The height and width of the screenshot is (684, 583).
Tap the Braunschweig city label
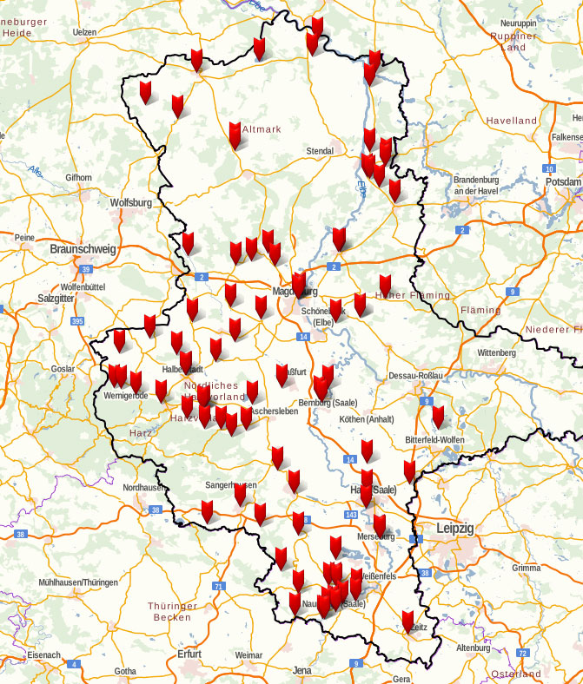pyautogui.click(x=83, y=249)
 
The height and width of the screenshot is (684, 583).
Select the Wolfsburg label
pyautogui.click(x=131, y=203)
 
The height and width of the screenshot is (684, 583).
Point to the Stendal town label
pyautogui.click(x=320, y=151)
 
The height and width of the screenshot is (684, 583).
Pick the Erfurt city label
pyautogui.click(x=189, y=654)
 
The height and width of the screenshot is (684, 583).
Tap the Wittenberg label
pyautogui.click(x=496, y=353)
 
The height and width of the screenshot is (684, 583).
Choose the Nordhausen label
pyautogui.click(x=143, y=488)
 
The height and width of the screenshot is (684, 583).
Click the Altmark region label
pyautogui.click(x=262, y=128)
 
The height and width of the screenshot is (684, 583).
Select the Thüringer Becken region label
pyautogui.click(x=171, y=611)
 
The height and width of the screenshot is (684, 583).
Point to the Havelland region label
pyautogui.click(x=512, y=121)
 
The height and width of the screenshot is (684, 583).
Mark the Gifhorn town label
pyautogui.click(x=78, y=177)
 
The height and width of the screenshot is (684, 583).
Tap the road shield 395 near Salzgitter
pyautogui.click(x=77, y=321)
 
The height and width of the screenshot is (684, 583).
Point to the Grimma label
pyautogui.click(x=527, y=568)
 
